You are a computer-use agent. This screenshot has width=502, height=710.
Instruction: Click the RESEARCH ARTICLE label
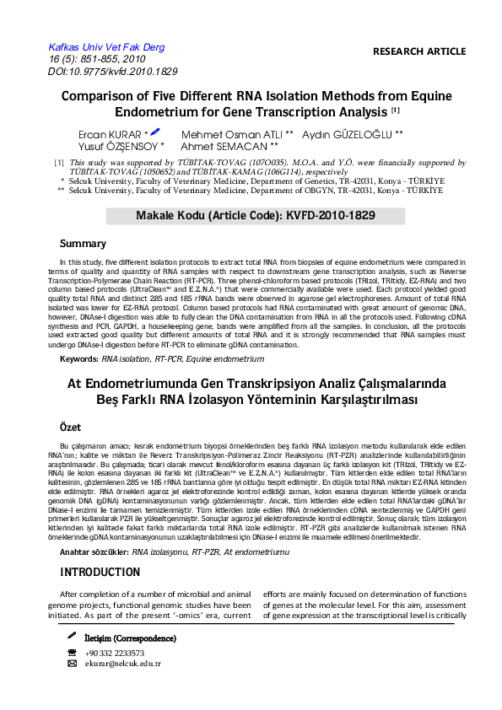click(418, 51)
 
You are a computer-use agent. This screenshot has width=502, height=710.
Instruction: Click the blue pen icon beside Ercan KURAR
click(155, 132)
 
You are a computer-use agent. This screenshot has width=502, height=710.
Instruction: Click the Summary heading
click(83, 244)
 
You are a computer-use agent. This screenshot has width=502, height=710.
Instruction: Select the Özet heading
click(71, 428)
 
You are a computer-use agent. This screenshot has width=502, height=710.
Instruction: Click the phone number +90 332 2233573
click(115, 653)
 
